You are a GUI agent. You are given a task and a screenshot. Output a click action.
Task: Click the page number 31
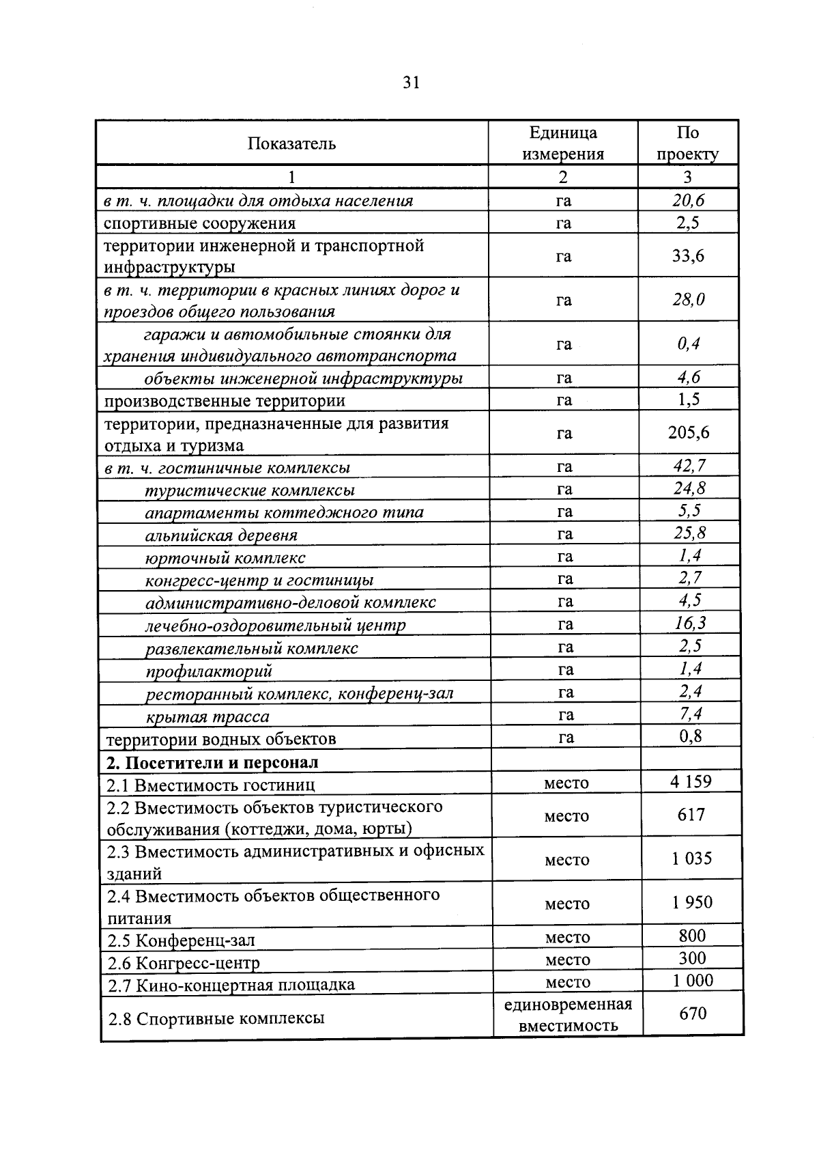(411, 83)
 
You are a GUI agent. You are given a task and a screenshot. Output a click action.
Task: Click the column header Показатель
(291, 143)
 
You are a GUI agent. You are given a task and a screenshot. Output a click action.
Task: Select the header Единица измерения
(563, 143)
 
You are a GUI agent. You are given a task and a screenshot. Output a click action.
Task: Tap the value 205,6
(689, 433)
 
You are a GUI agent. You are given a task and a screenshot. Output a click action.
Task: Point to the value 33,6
(688, 256)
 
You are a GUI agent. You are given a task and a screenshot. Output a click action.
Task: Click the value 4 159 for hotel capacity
(691, 781)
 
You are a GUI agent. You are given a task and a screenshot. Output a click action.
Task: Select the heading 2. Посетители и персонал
(212, 762)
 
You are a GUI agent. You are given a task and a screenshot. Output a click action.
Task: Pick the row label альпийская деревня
(221, 535)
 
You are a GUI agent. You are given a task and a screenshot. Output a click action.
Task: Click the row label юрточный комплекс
(225, 557)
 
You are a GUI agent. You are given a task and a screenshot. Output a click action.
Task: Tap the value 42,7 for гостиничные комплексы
(689, 466)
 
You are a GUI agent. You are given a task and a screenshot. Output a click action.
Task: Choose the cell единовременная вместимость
(568, 1015)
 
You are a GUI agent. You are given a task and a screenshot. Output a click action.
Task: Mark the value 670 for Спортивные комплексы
(693, 1014)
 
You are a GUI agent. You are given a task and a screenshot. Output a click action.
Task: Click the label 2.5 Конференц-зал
(182, 940)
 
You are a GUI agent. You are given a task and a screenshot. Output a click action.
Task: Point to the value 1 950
(692, 902)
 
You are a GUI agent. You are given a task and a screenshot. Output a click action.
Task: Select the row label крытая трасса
(207, 716)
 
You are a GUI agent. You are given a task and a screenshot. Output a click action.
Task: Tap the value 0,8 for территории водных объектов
(691, 736)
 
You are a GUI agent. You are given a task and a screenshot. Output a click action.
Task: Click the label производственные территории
(225, 401)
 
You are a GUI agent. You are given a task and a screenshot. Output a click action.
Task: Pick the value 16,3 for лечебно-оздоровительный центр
(690, 623)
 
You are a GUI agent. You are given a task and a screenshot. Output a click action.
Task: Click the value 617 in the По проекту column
(691, 815)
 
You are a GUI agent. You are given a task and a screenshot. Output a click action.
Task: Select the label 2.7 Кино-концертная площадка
(231, 985)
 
